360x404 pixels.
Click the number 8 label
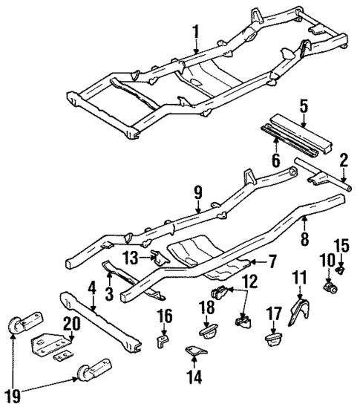[305, 238]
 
